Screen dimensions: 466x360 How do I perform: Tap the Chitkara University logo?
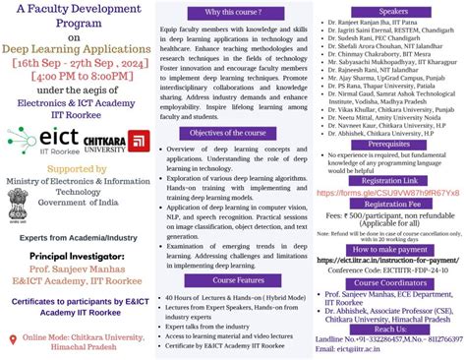pyautogui.click(x=115, y=144)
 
